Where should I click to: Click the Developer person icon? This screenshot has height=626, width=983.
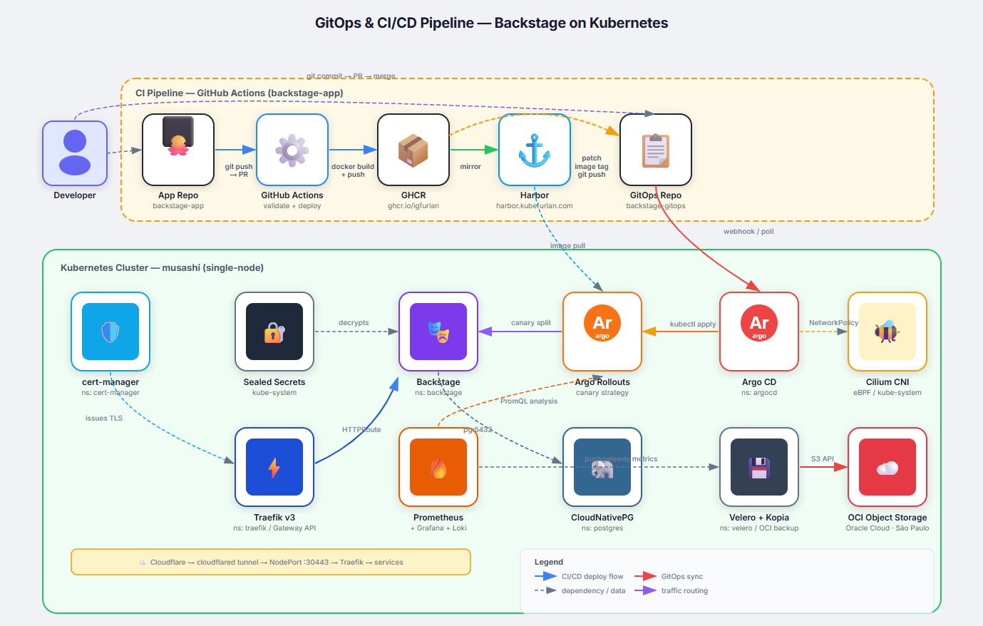(x=75, y=153)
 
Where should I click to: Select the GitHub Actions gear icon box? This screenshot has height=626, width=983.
(x=292, y=150)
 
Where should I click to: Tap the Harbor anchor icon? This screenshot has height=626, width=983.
(x=535, y=150)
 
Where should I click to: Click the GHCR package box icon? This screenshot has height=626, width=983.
(x=413, y=150)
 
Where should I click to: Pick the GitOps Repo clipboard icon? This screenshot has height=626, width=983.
(x=656, y=150)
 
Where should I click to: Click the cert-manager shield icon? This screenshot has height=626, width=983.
(x=110, y=332)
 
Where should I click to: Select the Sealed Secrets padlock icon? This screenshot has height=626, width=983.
(x=274, y=332)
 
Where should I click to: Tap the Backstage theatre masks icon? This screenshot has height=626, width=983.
(x=438, y=332)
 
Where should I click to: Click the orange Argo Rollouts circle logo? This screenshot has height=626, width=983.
(x=602, y=323)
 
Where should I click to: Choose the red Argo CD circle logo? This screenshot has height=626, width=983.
(x=759, y=323)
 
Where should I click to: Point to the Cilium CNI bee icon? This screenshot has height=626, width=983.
(x=887, y=332)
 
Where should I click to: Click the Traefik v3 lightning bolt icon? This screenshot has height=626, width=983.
(x=274, y=467)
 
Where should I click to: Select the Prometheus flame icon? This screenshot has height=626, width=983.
(x=438, y=467)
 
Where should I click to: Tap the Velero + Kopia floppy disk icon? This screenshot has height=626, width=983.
(x=759, y=467)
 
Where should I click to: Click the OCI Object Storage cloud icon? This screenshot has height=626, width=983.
(x=887, y=467)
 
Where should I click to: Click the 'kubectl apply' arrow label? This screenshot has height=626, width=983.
(x=693, y=324)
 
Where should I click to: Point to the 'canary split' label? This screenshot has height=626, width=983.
(x=531, y=322)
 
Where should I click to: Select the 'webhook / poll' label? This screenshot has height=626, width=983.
(x=748, y=231)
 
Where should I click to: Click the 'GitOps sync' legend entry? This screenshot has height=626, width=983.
(x=681, y=576)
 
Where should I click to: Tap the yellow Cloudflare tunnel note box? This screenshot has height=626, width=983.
(x=271, y=562)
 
